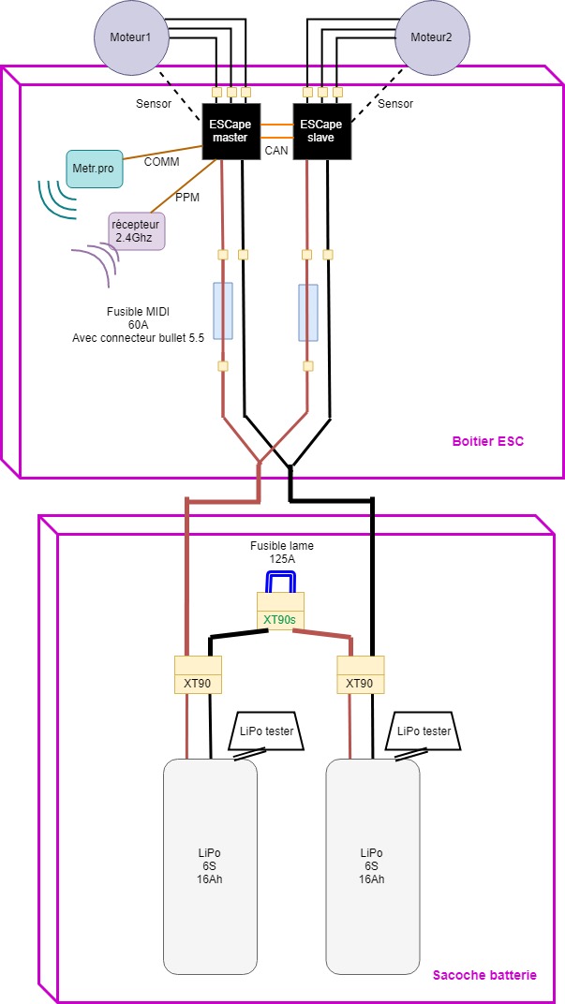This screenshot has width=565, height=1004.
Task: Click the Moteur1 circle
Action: tap(130, 38)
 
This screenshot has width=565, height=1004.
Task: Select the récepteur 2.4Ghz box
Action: tap(137, 229)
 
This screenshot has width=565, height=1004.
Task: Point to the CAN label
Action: tap(276, 149)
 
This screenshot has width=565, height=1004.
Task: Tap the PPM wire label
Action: tap(187, 198)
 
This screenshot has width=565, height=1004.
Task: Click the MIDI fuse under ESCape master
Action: tap(223, 311)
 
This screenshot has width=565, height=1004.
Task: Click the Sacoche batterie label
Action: tap(484, 975)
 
